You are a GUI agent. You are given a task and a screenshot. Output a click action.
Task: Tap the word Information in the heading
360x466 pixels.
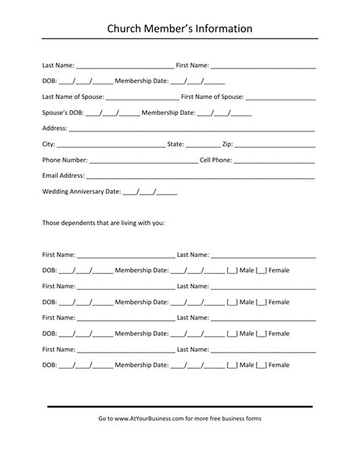pos(222,29)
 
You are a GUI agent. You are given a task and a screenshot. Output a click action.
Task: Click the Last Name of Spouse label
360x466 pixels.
pos(74,97)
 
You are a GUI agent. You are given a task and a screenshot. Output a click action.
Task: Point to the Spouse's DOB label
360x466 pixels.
pos(63,113)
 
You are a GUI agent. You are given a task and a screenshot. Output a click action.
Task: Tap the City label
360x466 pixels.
pos(49,144)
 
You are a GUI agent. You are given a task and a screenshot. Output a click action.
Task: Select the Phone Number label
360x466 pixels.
pos(65,160)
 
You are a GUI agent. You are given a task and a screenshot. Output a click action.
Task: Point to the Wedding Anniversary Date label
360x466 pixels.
pos(81,192)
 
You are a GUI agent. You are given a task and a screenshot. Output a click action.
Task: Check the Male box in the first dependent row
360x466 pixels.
pos(233,271)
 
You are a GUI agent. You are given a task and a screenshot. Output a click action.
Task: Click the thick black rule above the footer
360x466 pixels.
pos(180,407)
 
